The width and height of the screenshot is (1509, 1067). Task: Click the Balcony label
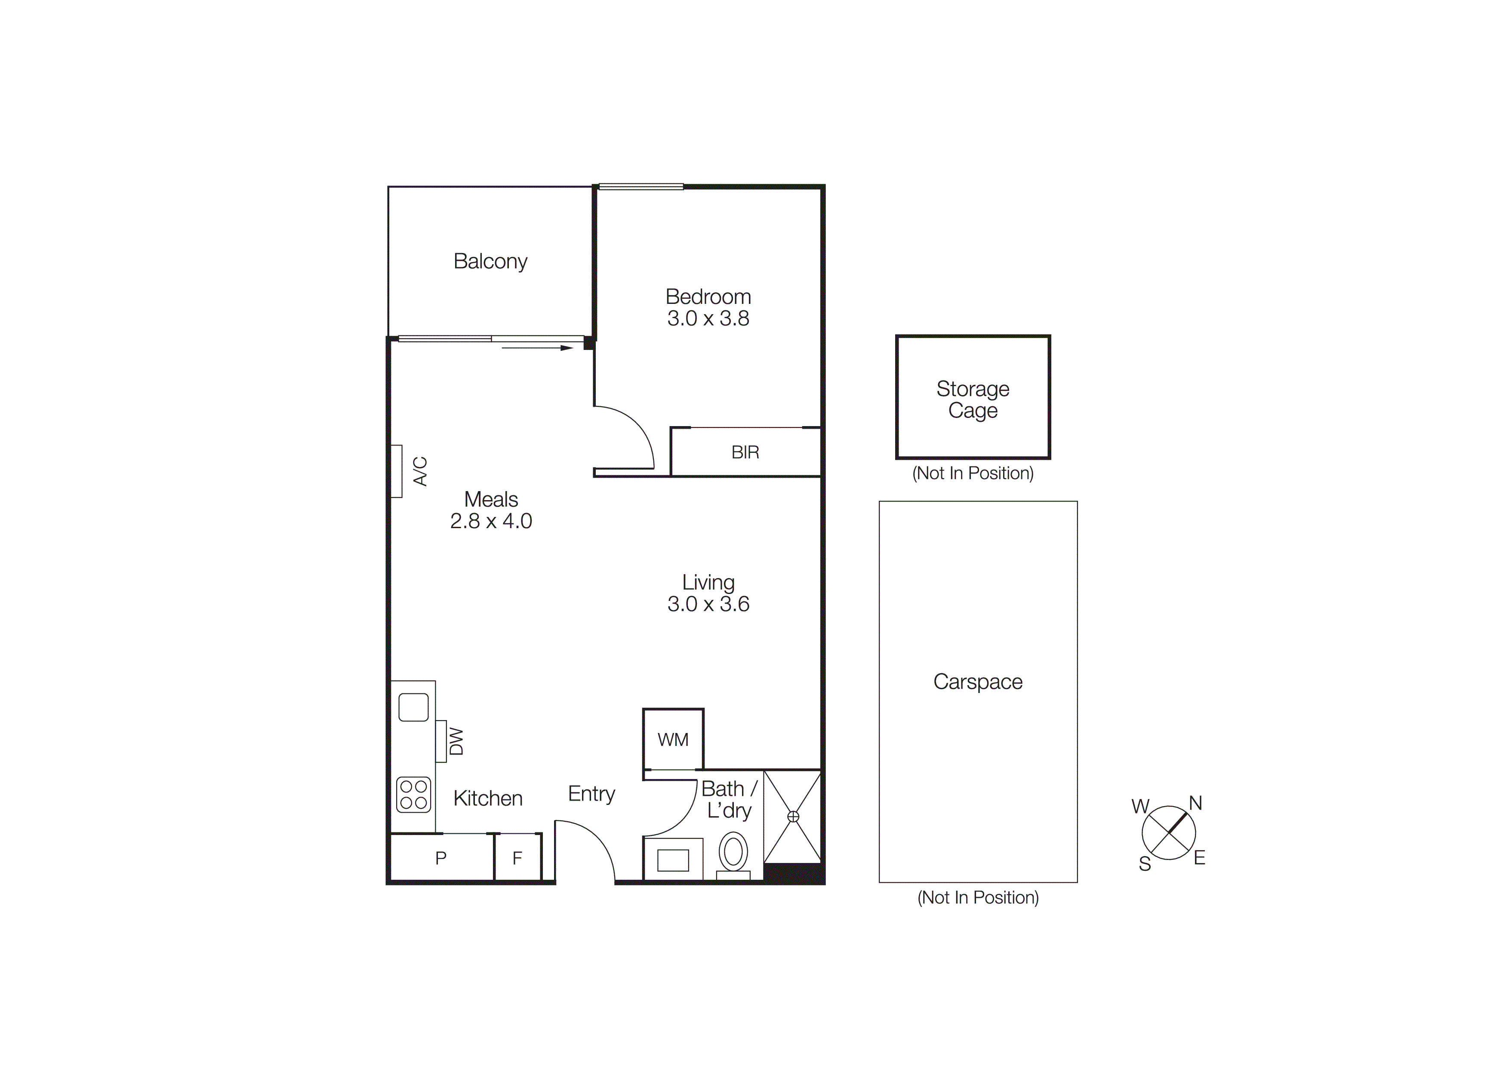pos(490,262)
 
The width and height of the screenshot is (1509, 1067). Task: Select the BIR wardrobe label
pos(745,452)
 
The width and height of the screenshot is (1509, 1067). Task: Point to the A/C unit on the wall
pos(396,471)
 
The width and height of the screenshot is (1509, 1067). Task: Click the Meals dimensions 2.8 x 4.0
pos(491,521)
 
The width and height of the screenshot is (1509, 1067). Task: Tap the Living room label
pos(708,582)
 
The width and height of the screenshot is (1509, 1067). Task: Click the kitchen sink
pos(413,708)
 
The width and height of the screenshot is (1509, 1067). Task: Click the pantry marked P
pos(441,857)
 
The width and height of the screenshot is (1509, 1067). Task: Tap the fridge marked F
pos(517,857)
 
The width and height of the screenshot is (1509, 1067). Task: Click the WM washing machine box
pos(673,739)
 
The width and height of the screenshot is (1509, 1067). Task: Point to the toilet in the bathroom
pos(733,853)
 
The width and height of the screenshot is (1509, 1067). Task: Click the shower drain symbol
pos(793,816)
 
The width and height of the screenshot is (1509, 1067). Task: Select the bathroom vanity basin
pos(673,860)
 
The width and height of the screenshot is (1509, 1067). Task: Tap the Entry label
pos(591,794)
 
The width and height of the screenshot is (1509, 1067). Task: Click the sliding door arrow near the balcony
pos(537,348)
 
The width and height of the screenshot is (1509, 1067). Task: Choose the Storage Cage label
pos(973,399)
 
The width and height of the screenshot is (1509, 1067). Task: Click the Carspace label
pos(977,682)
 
